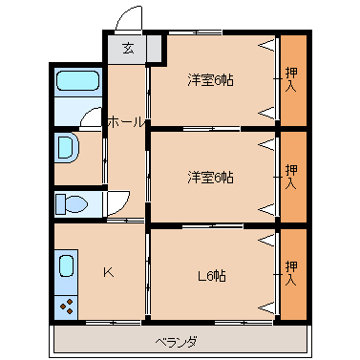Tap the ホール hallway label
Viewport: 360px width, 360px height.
click(x=126, y=122)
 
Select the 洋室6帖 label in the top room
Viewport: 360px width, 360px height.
click(x=210, y=80)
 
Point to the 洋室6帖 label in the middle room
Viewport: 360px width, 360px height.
click(x=210, y=177)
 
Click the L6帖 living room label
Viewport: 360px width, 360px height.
click(x=211, y=276)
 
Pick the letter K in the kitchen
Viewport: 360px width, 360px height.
click(x=108, y=272)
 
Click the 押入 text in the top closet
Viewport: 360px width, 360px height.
click(x=292, y=80)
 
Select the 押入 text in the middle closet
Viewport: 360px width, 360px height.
click(x=292, y=177)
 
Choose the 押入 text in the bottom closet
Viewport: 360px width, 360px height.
click(x=292, y=275)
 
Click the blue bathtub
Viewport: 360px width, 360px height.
click(x=76, y=83)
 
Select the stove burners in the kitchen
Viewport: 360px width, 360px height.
click(x=68, y=307)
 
